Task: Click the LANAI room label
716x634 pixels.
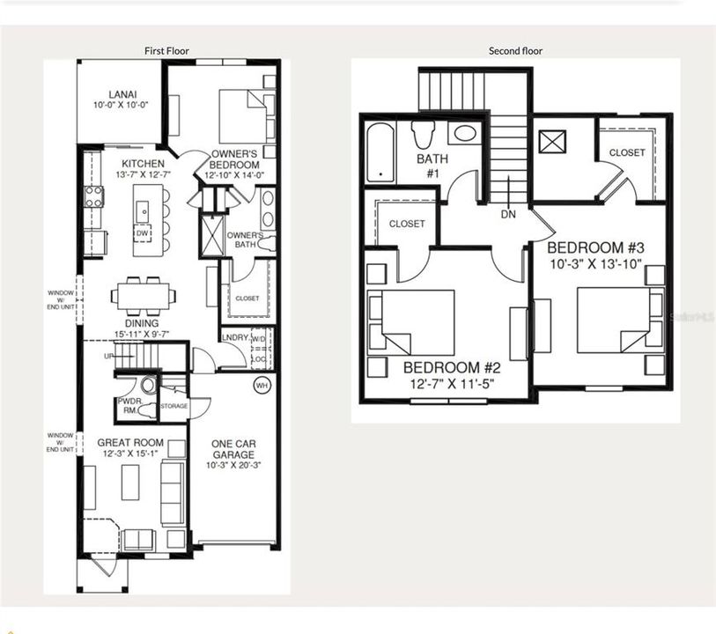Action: pyautogui.click(x=122, y=93)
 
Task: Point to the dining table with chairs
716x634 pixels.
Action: pyautogui.click(x=143, y=295)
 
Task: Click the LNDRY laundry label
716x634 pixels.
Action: pyautogui.click(x=234, y=337)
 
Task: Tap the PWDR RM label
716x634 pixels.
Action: pyautogui.click(x=129, y=405)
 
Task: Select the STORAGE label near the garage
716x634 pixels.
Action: pyautogui.click(x=174, y=406)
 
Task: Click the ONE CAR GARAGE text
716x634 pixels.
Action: pyautogui.click(x=233, y=449)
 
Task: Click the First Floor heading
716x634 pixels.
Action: pyautogui.click(x=166, y=51)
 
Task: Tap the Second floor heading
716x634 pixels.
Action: pyautogui.click(x=515, y=51)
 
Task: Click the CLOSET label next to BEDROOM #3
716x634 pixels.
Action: pyautogui.click(x=627, y=152)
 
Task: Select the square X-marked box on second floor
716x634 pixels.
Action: pyautogui.click(x=553, y=142)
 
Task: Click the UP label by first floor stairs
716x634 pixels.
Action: pyautogui.click(x=108, y=357)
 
